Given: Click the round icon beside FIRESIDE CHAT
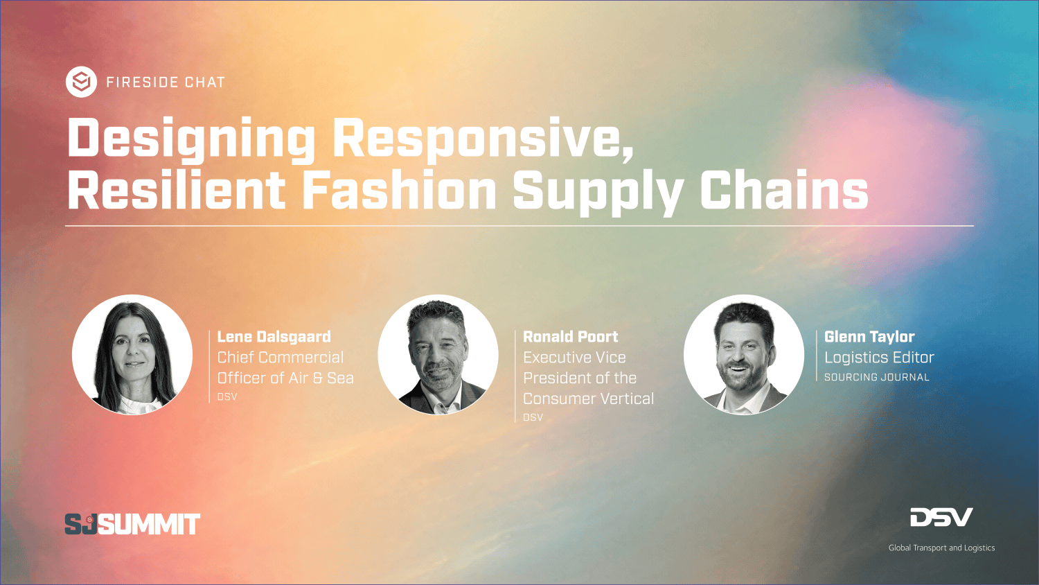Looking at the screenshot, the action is pyautogui.click(x=81, y=82).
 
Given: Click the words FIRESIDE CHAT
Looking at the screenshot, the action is pyautogui.click(x=166, y=82).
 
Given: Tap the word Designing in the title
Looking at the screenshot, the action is pyautogui.click(x=191, y=139).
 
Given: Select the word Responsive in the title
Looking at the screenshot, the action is pyautogui.click(x=483, y=139).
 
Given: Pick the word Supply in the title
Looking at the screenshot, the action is pyautogui.click(x=598, y=192).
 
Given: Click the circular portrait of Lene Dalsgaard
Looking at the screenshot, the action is pyautogui.click(x=132, y=355).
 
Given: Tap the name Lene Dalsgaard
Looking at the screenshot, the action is pyautogui.click(x=274, y=337).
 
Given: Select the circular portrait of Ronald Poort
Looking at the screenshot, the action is pyautogui.click(x=438, y=355).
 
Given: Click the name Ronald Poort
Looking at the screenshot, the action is pyautogui.click(x=571, y=337).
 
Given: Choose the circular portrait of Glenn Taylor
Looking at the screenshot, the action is pyautogui.click(x=743, y=355).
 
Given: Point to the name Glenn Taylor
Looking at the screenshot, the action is pyautogui.click(x=869, y=337).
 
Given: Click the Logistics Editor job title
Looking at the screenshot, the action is pyautogui.click(x=879, y=358).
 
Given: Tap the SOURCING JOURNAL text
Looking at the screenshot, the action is pyautogui.click(x=877, y=378).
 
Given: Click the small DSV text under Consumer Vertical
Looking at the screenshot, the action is pyautogui.click(x=533, y=417).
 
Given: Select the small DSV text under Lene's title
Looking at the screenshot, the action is pyautogui.click(x=227, y=397).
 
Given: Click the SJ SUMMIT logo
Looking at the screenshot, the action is pyautogui.click(x=132, y=524).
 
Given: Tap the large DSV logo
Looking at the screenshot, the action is pyautogui.click(x=941, y=517).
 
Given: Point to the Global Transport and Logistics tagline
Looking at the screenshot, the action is pyautogui.click(x=941, y=548).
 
